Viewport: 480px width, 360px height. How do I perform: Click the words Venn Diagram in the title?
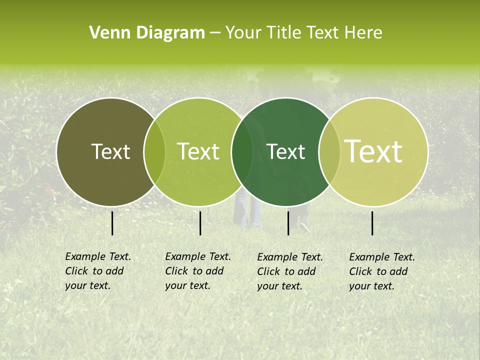tap(147, 33)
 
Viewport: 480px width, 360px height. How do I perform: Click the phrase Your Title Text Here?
tap(303, 33)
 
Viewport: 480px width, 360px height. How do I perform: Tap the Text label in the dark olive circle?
tap(110, 151)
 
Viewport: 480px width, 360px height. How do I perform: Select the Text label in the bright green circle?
tap(198, 151)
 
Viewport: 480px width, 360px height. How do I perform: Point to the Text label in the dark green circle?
tap(285, 151)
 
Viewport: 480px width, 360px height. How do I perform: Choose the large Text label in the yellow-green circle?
tap(373, 151)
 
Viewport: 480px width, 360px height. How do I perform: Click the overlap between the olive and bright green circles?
tap(154, 152)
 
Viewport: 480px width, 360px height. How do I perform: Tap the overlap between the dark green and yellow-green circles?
tap(329, 152)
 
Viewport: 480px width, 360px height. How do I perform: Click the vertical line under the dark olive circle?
tap(112, 223)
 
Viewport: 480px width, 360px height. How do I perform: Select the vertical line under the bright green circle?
tap(200, 223)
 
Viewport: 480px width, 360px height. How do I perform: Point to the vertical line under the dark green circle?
tap(288, 223)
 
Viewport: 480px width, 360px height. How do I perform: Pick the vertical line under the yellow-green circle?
tap(372, 223)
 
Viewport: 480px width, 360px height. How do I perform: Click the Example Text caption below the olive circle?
tap(98, 271)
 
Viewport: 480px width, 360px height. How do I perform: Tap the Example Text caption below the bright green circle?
tap(198, 271)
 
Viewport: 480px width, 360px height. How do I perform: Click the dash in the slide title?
tap(215, 33)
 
